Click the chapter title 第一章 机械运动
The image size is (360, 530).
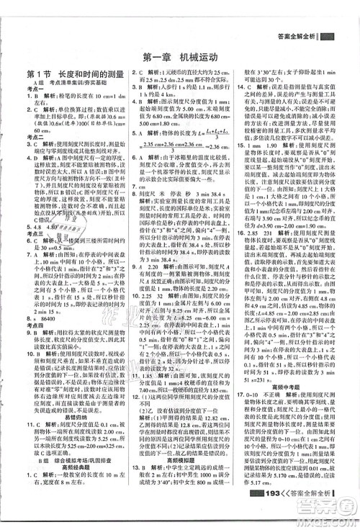pyautogui.click(x=180, y=57)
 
